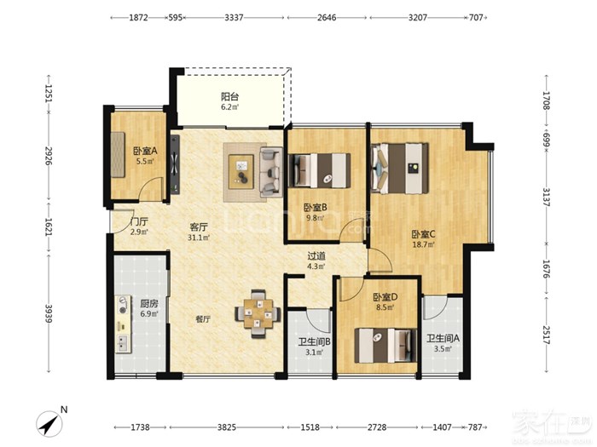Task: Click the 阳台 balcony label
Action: click(x=230, y=96)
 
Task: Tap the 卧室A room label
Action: click(x=145, y=151)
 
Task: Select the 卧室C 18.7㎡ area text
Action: click(x=423, y=245)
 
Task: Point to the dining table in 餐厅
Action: click(x=258, y=314)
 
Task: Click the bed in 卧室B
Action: click(x=319, y=170)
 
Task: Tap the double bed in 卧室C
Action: click(x=400, y=168)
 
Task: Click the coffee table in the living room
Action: click(x=241, y=171)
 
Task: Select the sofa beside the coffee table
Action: click(x=271, y=172)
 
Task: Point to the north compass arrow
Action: click(x=50, y=424)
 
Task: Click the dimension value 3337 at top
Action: click(x=234, y=18)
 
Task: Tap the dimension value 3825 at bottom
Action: click(x=227, y=427)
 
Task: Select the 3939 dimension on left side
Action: click(x=49, y=313)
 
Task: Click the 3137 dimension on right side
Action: click(x=547, y=197)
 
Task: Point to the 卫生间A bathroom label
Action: click(x=443, y=338)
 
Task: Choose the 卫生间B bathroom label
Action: click(x=314, y=341)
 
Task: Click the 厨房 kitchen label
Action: click(x=149, y=304)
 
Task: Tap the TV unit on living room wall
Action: click(x=175, y=165)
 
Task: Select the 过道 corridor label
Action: click(x=316, y=255)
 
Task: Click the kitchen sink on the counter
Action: click(x=123, y=343)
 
